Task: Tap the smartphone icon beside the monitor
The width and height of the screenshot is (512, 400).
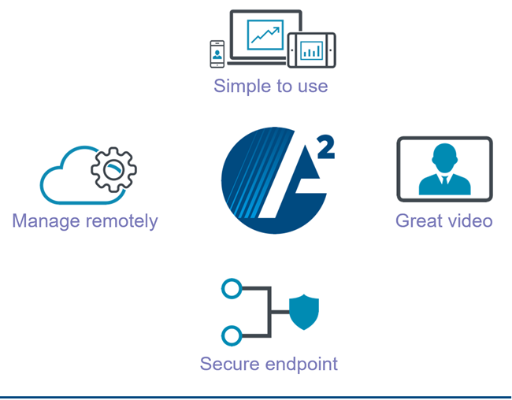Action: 217,54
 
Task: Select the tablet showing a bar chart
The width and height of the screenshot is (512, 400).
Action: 312,50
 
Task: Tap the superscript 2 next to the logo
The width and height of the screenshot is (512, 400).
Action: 325,146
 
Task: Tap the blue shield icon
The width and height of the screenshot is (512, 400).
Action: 303,312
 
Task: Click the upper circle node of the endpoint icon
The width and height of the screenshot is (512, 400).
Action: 232,289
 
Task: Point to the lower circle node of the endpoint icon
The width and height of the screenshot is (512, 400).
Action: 232,336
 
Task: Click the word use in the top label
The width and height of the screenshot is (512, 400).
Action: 312,87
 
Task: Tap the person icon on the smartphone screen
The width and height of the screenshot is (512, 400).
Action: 217,54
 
